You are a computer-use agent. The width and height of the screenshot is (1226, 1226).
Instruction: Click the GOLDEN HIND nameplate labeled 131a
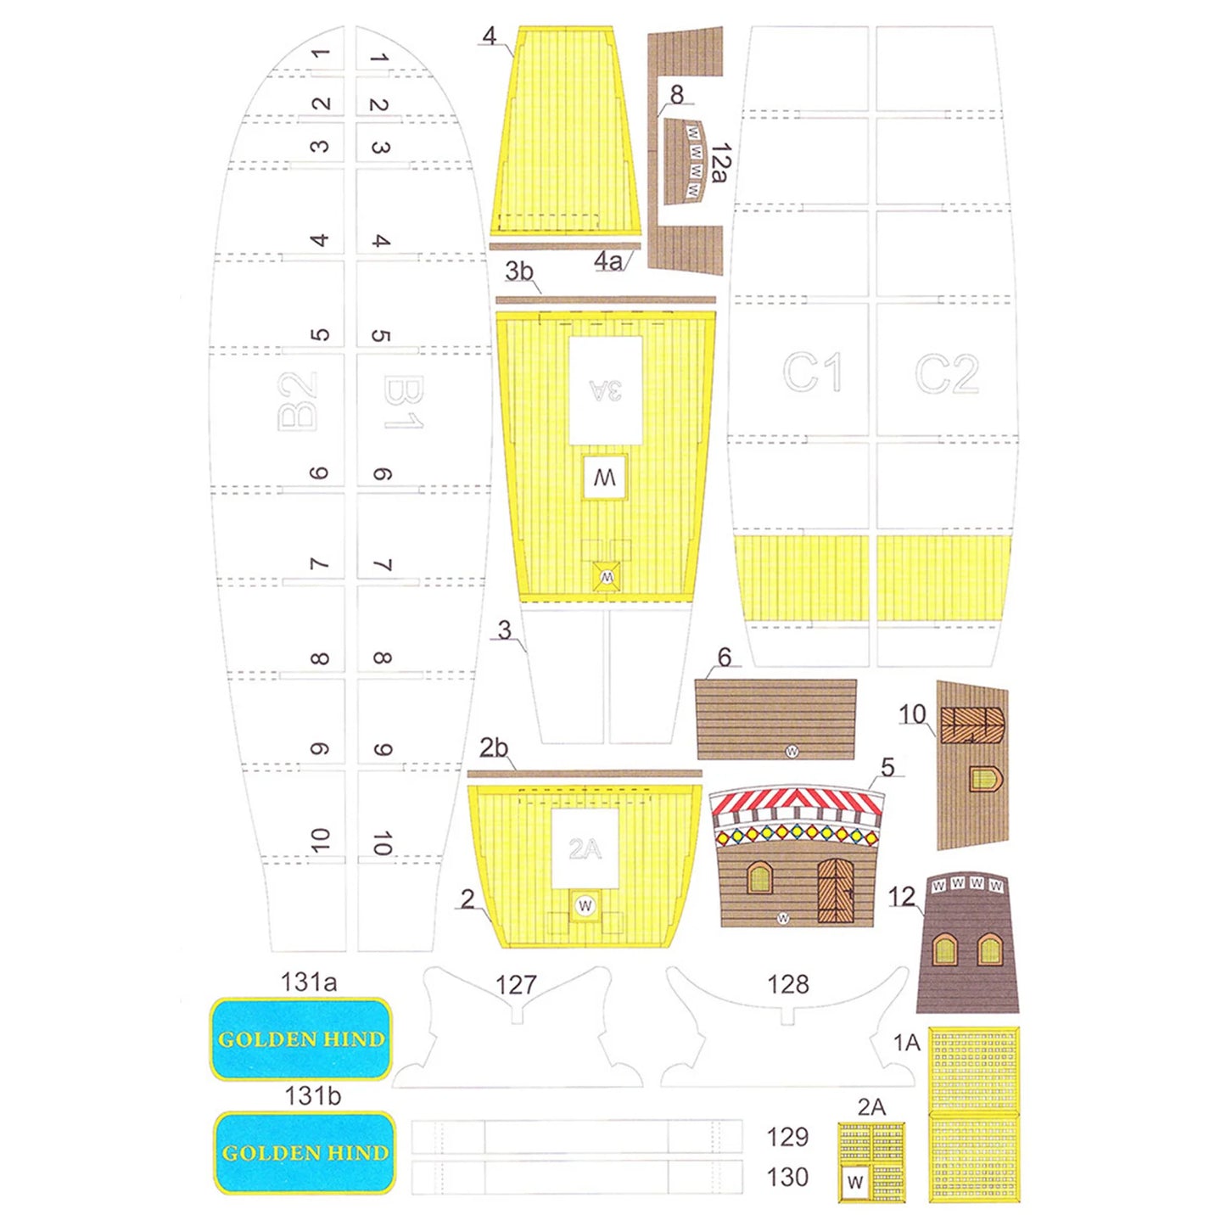pyautogui.click(x=301, y=1038)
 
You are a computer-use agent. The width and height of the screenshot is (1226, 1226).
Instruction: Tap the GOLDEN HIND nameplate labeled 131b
pyautogui.click(x=305, y=1152)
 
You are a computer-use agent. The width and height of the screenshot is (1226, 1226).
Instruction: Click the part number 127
pyautogui.click(x=516, y=985)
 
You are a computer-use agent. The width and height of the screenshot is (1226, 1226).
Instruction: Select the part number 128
pyautogui.click(x=787, y=984)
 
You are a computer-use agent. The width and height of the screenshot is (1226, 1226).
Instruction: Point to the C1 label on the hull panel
pyautogui.click(x=812, y=372)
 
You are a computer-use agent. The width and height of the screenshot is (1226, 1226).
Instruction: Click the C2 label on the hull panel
pyautogui.click(x=946, y=373)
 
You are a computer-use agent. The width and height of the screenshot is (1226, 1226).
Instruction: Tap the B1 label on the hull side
pyautogui.click(x=403, y=402)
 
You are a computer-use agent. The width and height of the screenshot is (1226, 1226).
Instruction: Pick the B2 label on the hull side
pyautogui.click(x=298, y=402)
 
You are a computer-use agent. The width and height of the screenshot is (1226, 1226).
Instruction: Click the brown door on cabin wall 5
pyautogui.click(x=836, y=890)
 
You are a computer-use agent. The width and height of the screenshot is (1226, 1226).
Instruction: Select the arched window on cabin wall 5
pyautogui.click(x=759, y=877)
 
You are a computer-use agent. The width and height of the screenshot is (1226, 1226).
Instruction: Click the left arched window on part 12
pyautogui.click(x=945, y=949)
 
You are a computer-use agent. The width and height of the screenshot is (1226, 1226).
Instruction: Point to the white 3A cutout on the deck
pyautogui.click(x=605, y=390)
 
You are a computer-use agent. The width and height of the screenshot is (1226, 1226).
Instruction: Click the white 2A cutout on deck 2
pyautogui.click(x=585, y=848)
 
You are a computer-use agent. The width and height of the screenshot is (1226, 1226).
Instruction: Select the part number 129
pyautogui.click(x=787, y=1137)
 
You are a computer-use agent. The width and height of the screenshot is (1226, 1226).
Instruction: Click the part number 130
pyautogui.click(x=787, y=1177)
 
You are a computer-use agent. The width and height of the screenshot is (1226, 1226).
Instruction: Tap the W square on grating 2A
pyautogui.click(x=855, y=1182)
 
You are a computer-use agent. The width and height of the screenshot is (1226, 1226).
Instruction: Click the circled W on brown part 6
pyautogui.click(x=792, y=751)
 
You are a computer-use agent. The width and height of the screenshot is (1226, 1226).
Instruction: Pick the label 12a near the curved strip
pyautogui.click(x=720, y=163)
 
